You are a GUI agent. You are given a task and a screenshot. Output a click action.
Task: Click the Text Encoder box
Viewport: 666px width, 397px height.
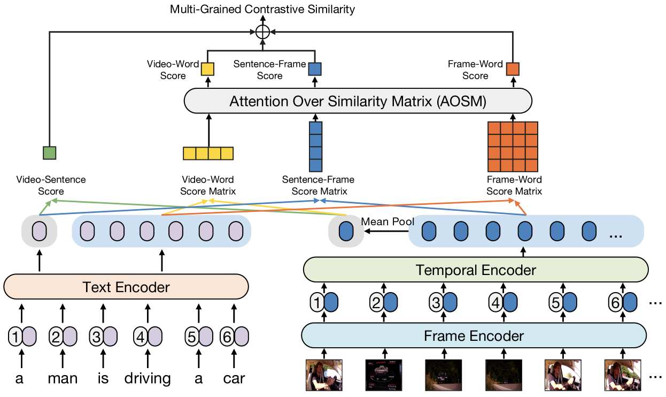click(126, 287)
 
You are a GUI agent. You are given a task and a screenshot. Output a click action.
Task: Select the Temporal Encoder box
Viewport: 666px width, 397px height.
click(475, 270)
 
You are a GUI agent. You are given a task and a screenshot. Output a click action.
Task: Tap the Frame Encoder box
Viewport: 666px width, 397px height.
click(474, 336)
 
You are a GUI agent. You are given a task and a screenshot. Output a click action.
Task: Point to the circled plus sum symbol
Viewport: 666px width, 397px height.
click(262, 32)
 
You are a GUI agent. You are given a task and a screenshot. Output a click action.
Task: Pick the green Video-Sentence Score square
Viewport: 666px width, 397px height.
click(49, 153)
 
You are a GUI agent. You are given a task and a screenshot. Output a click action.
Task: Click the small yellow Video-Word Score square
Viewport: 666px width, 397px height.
click(207, 69)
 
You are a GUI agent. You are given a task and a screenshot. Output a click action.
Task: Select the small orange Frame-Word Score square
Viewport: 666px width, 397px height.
click(513, 69)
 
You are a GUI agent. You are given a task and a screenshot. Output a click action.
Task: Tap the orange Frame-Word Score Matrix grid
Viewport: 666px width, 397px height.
click(513, 147)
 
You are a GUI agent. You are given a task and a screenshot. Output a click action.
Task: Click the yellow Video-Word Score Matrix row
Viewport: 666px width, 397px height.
click(208, 153)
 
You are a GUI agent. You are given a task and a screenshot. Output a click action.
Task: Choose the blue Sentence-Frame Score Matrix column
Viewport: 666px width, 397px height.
click(316, 147)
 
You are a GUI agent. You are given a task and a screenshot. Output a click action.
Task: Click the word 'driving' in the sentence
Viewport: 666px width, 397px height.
click(148, 379)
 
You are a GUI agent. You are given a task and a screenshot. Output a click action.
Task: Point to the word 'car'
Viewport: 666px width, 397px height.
click(234, 379)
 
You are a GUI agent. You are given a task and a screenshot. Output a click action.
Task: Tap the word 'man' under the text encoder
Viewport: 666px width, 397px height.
click(63, 379)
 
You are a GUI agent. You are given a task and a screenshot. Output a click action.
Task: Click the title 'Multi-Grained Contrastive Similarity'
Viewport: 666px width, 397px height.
click(262, 9)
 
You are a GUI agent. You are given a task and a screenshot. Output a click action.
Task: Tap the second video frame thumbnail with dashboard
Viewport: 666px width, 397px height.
click(383, 375)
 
